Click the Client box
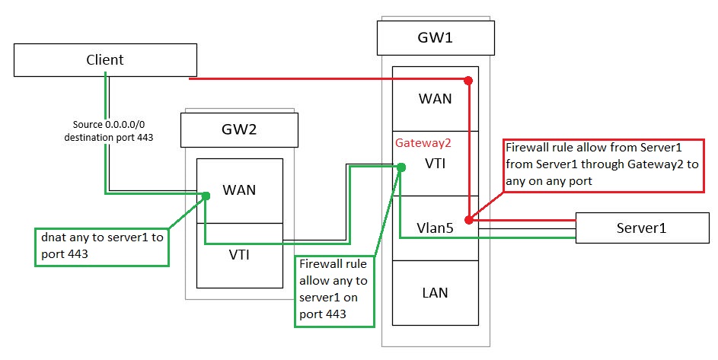pyautogui.click(x=104, y=60)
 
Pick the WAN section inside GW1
pyautogui.click(x=435, y=99)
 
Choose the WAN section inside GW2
pyautogui.click(x=239, y=190)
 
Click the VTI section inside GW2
pyautogui.click(x=239, y=255)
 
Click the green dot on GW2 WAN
pyautogui.click(x=206, y=196)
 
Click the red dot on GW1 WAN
pyautogui.click(x=468, y=80)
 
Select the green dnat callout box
pyautogui.click(x=101, y=244)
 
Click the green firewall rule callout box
pyautogui.click(x=334, y=289)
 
